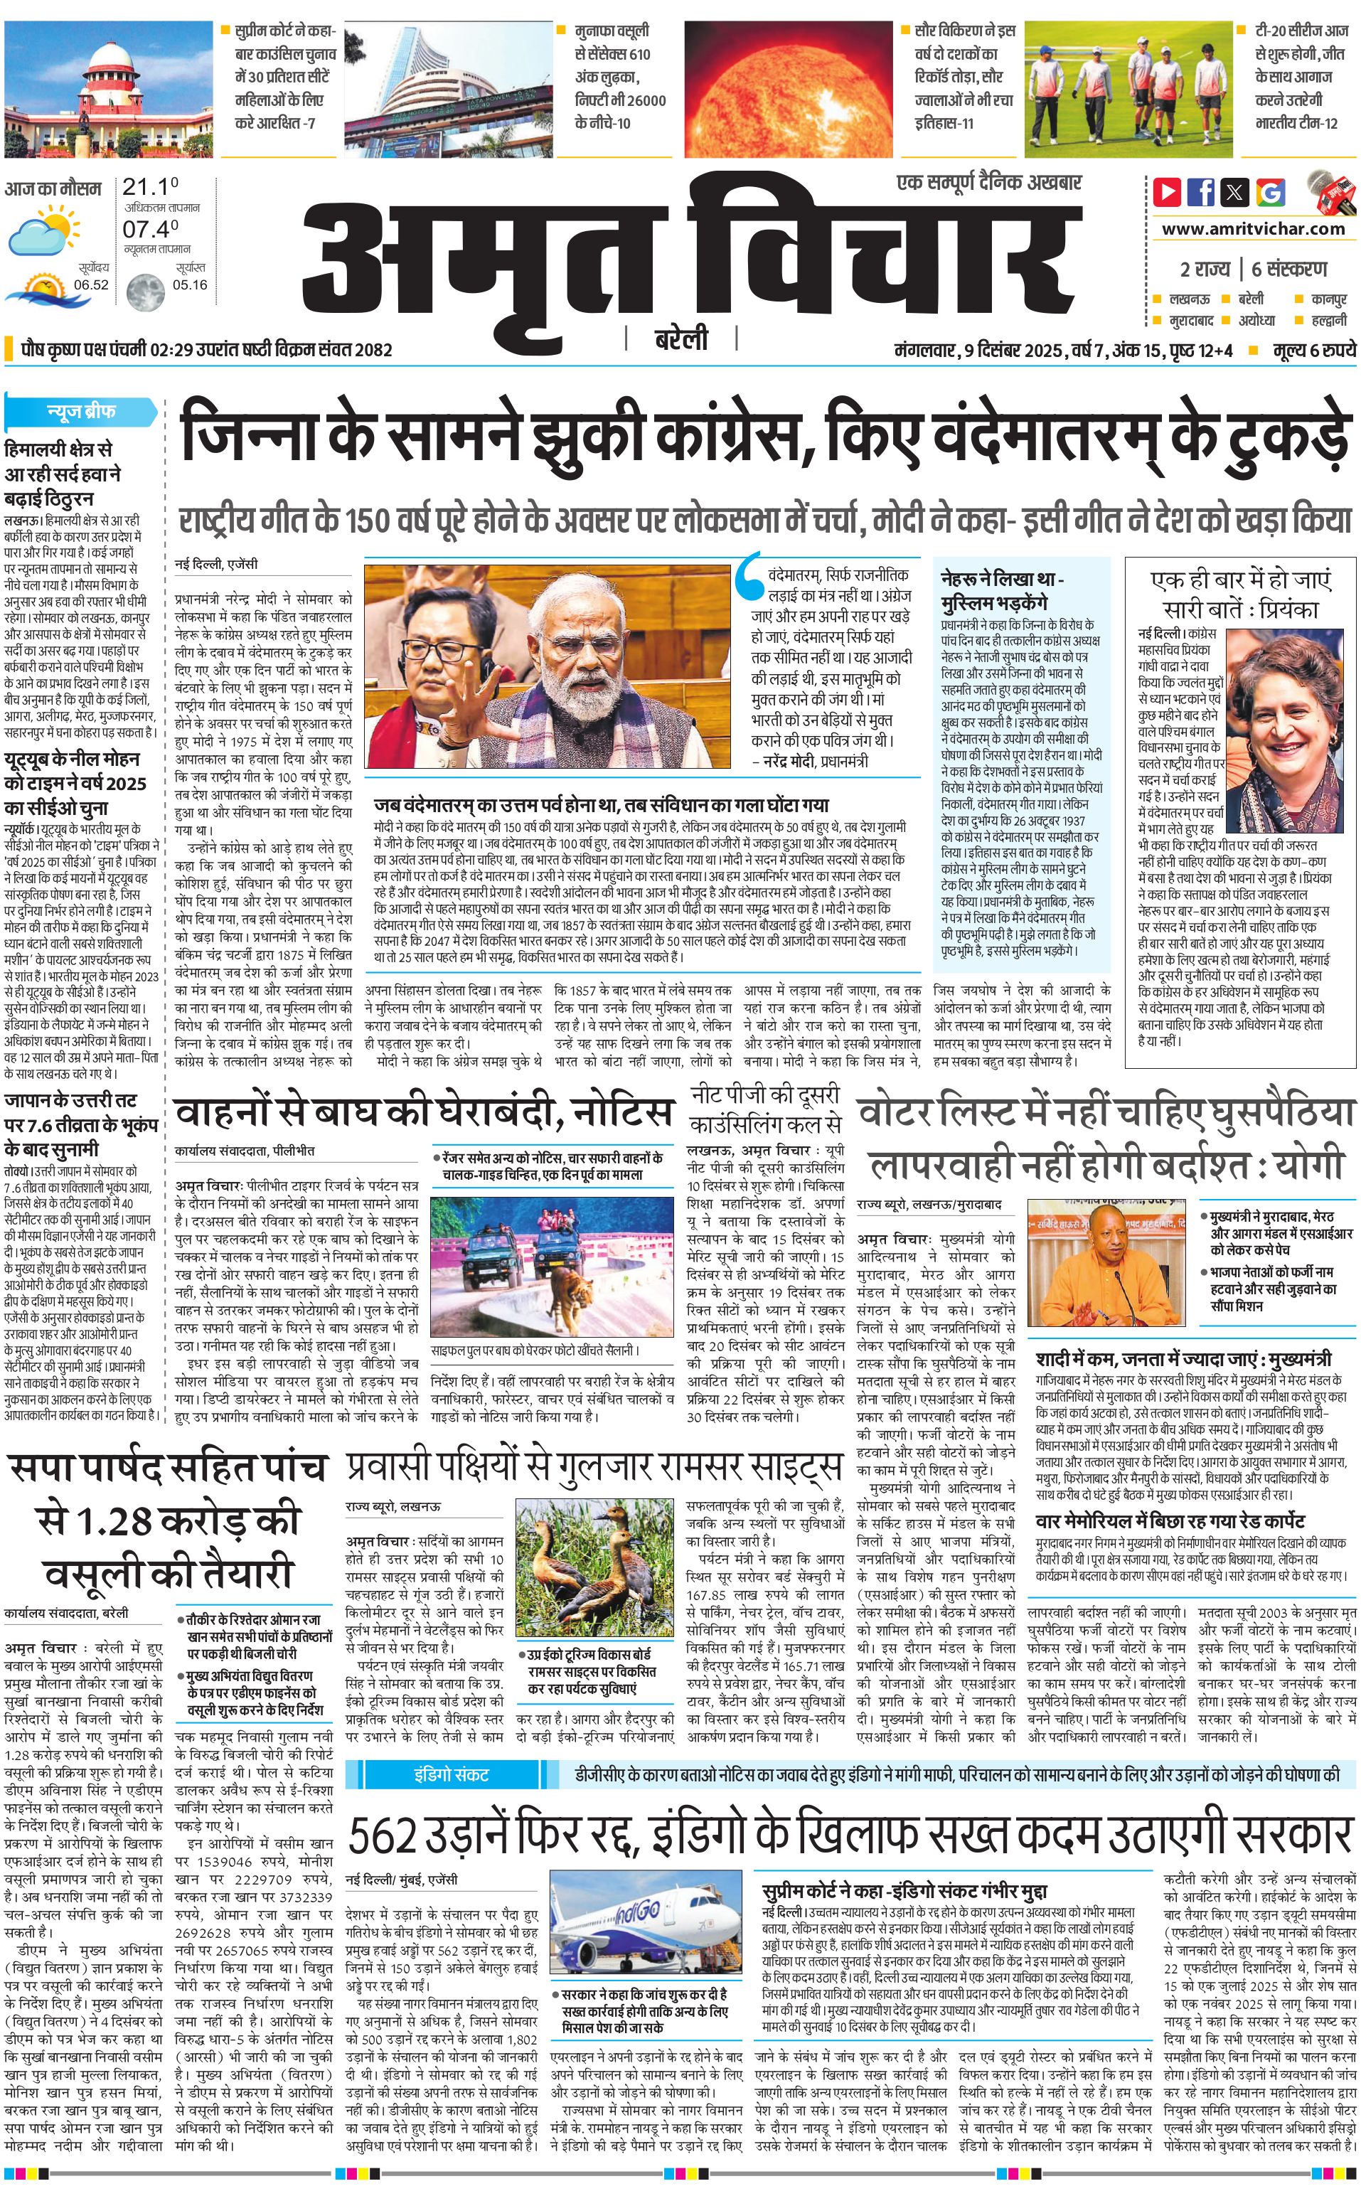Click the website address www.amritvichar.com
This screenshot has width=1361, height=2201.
[1253, 229]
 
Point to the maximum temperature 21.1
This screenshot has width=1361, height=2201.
[149, 187]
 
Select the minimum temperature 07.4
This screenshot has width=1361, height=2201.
[150, 230]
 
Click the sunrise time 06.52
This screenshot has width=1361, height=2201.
[92, 284]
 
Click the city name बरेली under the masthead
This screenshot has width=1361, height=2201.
[680, 340]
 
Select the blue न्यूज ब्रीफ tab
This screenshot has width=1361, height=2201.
[81, 412]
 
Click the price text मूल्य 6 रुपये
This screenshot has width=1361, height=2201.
[1313, 350]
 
